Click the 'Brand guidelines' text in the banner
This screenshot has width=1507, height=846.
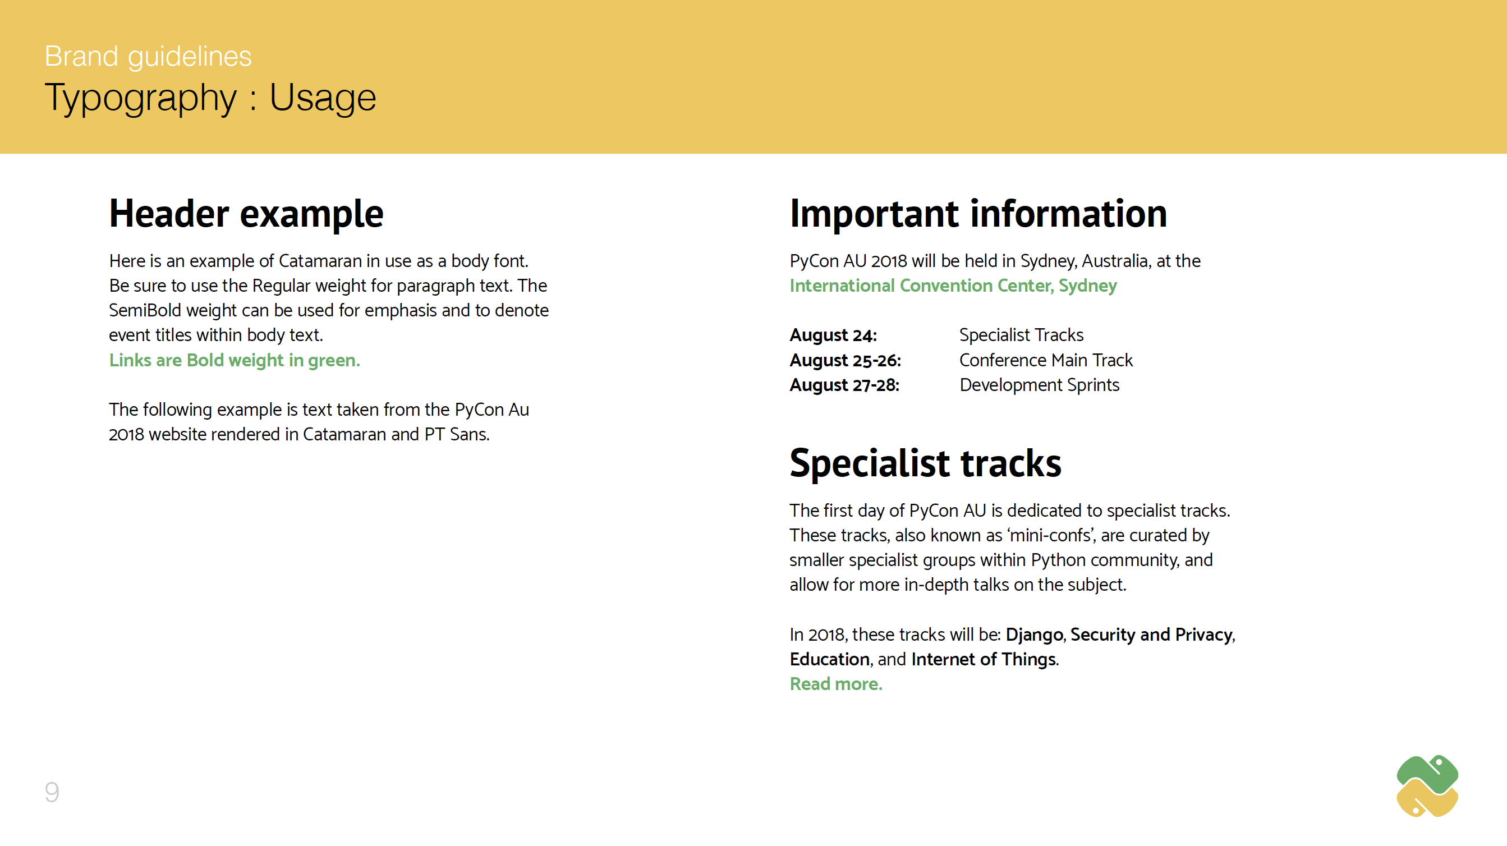tap(148, 57)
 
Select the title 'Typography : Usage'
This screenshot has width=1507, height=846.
tap(210, 97)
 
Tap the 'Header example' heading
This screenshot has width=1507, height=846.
tap(246, 214)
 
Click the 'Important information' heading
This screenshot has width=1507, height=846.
tap(978, 213)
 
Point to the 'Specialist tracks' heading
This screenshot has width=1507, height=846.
tap(926, 463)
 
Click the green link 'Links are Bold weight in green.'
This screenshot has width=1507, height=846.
tap(235, 360)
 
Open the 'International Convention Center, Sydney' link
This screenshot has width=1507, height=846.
tap(953, 286)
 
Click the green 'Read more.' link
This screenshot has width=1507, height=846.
tap(836, 684)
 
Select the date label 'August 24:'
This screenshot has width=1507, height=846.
tap(833, 335)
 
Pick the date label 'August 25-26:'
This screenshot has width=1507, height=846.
tap(846, 360)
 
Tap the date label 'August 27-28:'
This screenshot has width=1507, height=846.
tap(845, 385)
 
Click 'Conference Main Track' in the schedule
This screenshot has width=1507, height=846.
tap(1046, 360)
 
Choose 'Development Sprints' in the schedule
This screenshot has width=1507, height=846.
tap(1040, 385)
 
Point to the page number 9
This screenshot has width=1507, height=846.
tap(52, 792)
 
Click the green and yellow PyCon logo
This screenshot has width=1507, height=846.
tap(1427, 786)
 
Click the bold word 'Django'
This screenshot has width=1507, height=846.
tap(1034, 635)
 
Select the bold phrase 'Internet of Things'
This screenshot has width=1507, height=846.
tap(984, 659)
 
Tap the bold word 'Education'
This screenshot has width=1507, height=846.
tap(830, 659)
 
